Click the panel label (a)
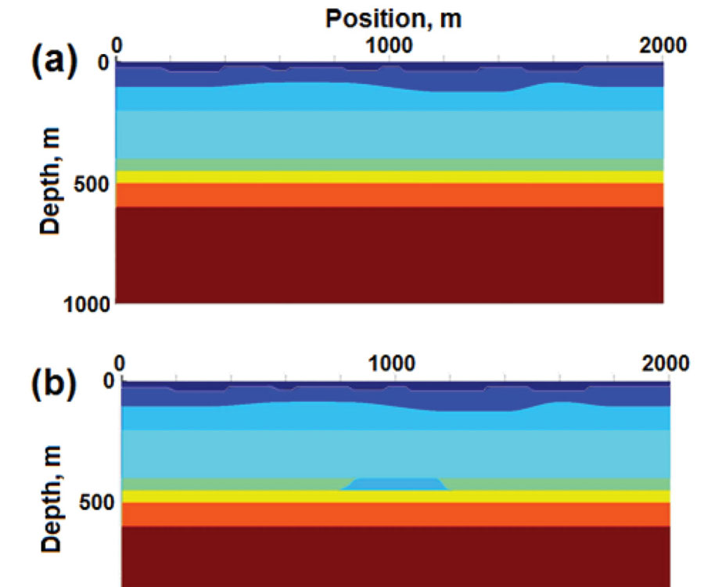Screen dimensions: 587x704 [54, 62]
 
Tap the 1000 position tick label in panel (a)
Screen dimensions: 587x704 [389, 45]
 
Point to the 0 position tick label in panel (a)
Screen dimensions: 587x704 [117, 45]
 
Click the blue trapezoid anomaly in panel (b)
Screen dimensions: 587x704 [395, 484]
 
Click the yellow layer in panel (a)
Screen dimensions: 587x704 [389, 177]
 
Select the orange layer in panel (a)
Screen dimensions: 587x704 [389, 195]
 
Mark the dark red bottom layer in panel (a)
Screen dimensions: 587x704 [389, 254]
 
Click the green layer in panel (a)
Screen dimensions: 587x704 [389, 165]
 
